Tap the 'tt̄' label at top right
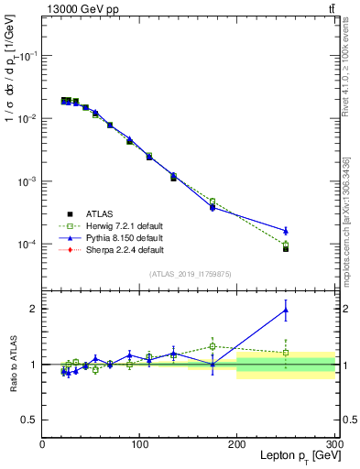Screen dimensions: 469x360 pyautogui.click(x=330, y=9)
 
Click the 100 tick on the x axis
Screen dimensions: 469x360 pyautogui.click(x=139, y=444)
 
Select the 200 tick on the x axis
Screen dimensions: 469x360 pyautogui.click(x=236, y=444)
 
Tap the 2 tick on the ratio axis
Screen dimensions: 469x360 pyautogui.click(x=35, y=309)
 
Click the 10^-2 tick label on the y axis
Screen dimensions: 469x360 pyautogui.click(x=27, y=119)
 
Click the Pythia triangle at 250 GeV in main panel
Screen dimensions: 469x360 pyautogui.click(x=286, y=231)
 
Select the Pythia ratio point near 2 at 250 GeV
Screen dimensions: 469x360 pyautogui.click(x=286, y=310)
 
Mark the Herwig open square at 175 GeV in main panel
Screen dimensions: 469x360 pyautogui.click(x=213, y=202)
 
